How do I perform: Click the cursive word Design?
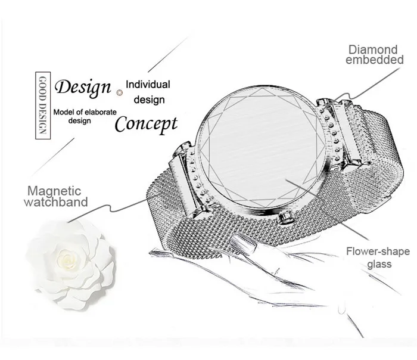83,88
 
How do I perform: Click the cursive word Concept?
146,124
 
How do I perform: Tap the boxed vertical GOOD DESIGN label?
43,105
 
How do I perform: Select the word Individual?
148,85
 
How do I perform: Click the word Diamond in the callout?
372,49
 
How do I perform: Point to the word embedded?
375,60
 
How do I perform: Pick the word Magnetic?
54,191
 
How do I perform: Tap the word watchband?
56,202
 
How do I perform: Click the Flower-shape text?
378,252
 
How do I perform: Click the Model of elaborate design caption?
85,116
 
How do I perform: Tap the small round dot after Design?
120,92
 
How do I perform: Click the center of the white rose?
67,257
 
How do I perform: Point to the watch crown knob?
285,217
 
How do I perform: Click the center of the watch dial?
258,147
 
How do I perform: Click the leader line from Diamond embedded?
367,85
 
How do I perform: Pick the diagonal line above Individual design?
168,55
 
